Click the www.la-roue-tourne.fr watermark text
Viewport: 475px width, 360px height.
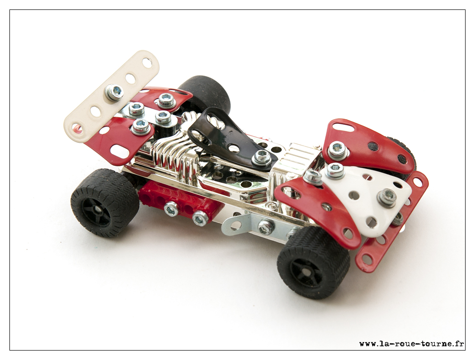[x=411, y=343]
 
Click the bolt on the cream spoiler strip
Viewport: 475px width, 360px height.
[x=114, y=92]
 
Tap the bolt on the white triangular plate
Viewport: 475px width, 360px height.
[x=387, y=197]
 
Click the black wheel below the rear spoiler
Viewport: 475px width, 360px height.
[x=104, y=202]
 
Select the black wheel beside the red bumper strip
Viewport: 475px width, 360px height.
[x=314, y=262]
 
